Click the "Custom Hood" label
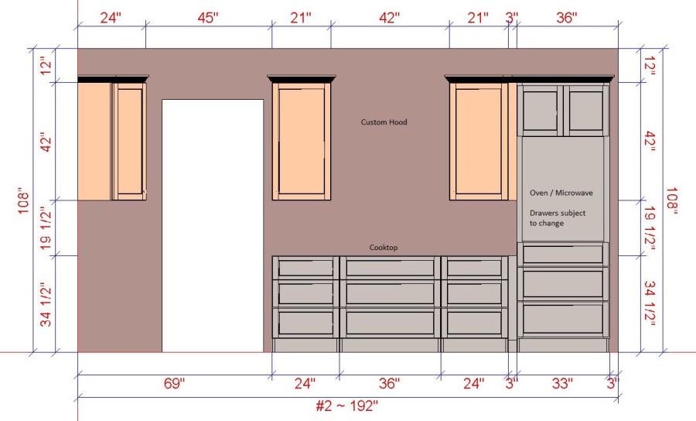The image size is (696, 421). click(x=384, y=122)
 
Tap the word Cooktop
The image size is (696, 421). click(x=384, y=248)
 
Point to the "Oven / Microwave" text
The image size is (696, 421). click(x=561, y=193)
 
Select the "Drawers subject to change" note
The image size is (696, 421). click(x=558, y=218)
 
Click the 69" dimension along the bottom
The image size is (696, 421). click(x=174, y=383)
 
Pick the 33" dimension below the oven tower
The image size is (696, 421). click(x=562, y=383)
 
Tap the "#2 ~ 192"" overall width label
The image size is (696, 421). click(x=346, y=406)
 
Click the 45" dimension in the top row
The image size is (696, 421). click(x=208, y=18)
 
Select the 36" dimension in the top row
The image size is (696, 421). click(x=567, y=18)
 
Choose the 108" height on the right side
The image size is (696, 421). click(x=672, y=200)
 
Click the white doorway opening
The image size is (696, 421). click(x=213, y=226)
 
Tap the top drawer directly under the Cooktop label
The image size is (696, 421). click(x=391, y=268)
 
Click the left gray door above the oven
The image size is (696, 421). click(x=541, y=111)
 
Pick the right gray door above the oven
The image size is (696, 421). click(x=586, y=111)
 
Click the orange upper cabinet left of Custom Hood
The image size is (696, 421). click(x=302, y=141)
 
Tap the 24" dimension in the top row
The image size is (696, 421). click(x=111, y=18)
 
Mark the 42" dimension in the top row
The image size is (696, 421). click(x=389, y=18)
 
